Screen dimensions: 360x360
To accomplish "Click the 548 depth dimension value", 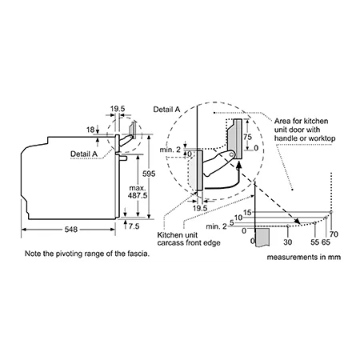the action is (71, 230).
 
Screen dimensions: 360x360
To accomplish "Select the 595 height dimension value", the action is (149, 174).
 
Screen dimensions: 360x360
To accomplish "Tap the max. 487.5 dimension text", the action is (138, 192).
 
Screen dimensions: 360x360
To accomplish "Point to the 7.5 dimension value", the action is (134, 226).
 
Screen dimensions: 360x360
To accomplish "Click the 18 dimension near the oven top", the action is (90, 130).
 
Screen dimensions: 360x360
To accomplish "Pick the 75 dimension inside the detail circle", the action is (247, 137).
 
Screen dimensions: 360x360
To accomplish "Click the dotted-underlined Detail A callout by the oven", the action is (84, 154).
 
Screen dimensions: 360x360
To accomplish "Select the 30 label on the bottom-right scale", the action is (288, 242).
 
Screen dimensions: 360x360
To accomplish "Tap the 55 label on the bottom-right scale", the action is (314, 242).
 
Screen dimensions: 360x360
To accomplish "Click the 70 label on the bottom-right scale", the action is (334, 234).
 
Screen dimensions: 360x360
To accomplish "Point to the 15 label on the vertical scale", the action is (247, 212).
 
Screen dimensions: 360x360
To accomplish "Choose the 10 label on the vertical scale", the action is (238, 218).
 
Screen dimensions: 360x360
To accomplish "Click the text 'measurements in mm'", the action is (304, 258).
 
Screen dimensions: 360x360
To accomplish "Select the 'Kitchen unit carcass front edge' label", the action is (189, 239).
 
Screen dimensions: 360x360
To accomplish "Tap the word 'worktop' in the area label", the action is (322, 138).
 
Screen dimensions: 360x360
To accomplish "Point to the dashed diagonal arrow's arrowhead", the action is (297, 221).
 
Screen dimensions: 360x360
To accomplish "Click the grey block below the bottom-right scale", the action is (262, 237).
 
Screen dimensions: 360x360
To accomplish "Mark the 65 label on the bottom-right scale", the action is (326, 242).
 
